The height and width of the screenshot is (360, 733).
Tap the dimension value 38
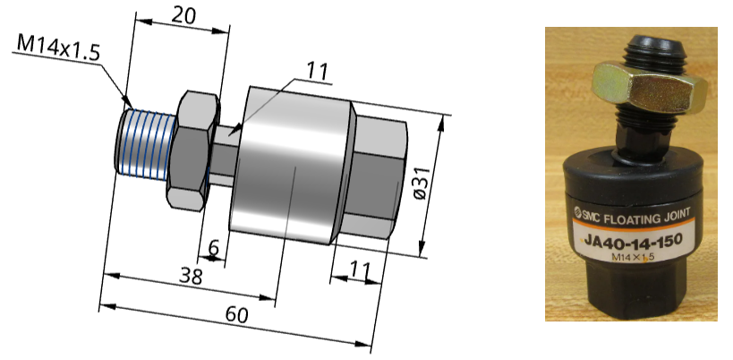[189, 277]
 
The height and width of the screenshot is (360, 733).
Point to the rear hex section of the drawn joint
[376, 179]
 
